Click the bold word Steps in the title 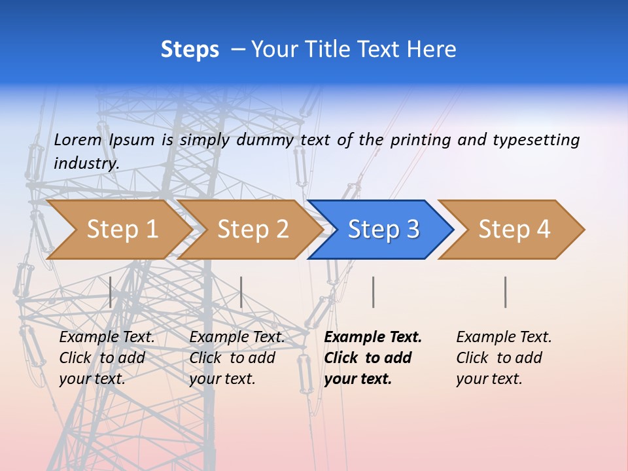190,50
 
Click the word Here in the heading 431,50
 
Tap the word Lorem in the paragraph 78,139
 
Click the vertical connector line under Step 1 111,292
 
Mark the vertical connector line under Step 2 241,292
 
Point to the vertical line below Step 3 373,292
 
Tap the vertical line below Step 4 505,292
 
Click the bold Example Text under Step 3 373,337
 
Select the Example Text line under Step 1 107,337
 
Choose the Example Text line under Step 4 504,337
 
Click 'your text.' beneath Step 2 222,379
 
